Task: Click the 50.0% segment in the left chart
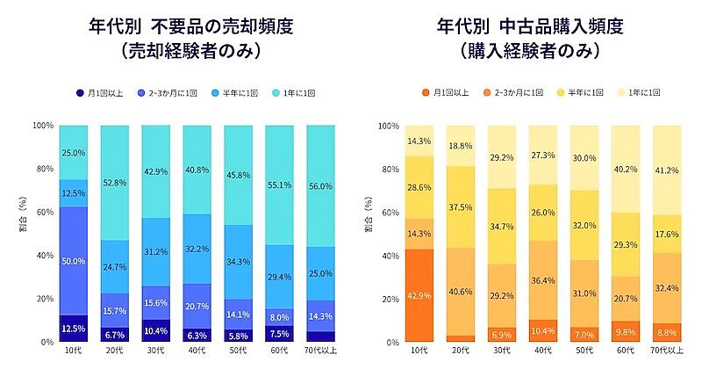[74, 261]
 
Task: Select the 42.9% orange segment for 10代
[419, 295]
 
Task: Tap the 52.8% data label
[115, 183]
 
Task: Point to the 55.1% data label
[279, 184]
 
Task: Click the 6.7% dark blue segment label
[115, 335]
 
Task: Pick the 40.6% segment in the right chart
[461, 292]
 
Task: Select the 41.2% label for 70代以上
[667, 170]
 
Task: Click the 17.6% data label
[667, 234]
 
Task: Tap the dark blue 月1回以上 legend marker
[80, 93]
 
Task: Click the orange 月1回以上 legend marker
[426, 93]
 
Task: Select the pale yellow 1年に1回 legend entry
[639, 93]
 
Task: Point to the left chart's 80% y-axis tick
[45, 169]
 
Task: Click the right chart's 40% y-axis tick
[390, 256]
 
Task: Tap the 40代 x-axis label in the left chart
[197, 351]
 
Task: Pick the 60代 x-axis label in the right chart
[626, 351]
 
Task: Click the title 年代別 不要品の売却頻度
[191, 27]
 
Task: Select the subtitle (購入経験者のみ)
[530, 52]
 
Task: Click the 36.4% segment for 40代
[543, 280]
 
